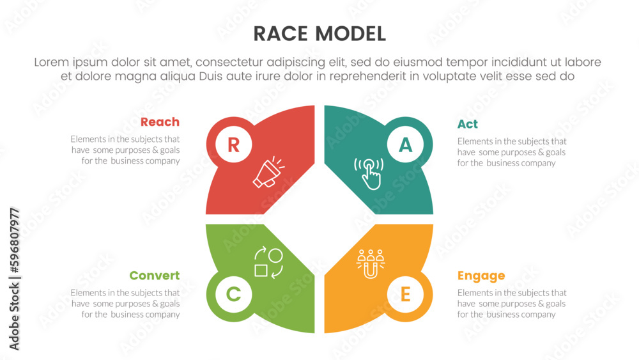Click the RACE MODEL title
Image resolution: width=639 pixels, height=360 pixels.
pos(319,34)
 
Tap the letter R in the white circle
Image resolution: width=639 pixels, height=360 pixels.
pos(233,145)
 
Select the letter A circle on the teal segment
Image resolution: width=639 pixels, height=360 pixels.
pos(405,145)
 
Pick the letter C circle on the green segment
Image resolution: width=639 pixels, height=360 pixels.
pos(233,294)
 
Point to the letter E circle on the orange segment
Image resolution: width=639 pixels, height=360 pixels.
pos(405,294)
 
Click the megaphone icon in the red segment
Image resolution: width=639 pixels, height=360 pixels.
pos(268,173)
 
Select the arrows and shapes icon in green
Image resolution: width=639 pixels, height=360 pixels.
pos(268,263)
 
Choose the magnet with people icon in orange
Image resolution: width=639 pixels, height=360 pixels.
pos(371,264)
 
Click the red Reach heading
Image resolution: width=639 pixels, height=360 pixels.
pos(160,122)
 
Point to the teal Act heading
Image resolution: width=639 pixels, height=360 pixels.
pos(468,124)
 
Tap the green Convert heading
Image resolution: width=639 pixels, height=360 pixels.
pos(155,276)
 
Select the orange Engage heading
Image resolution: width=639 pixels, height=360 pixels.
pos(481,276)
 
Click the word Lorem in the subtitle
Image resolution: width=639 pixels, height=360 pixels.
pos(52,62)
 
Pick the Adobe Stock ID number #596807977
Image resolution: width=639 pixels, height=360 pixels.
pos(15,240)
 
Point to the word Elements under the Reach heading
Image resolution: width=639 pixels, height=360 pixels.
pos(88,139)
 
